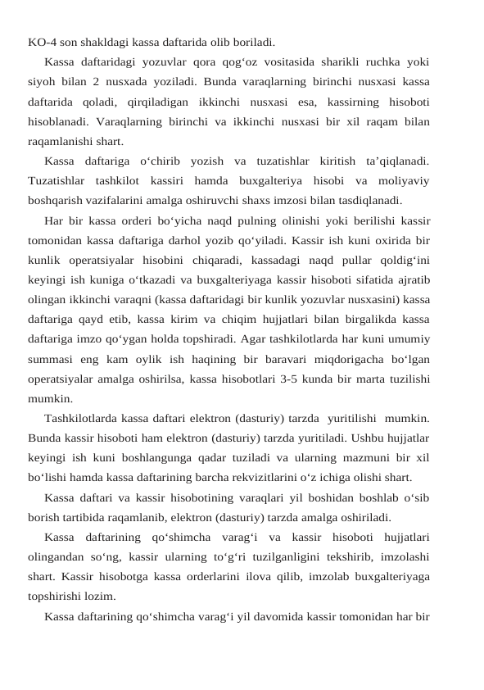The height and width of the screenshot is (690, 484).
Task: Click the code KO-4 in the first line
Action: point(42,40)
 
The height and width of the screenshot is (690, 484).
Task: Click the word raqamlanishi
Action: point(61,141)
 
